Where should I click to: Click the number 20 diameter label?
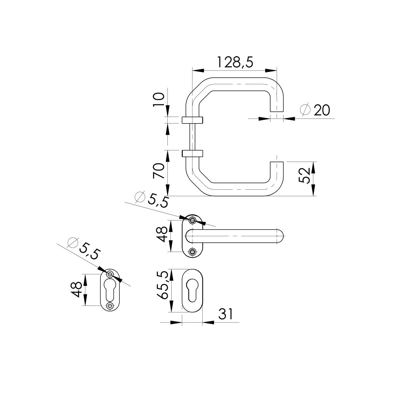pyautogui.click(x=322, y=111)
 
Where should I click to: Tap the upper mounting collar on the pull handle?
pyautogui.click(x=192, y=120)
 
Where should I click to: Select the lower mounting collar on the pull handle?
pyautogui.click(x=192, y=153)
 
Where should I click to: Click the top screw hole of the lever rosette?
pyautogui.click(x=192, y=220)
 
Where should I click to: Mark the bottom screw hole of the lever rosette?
pyautogui.click(x=192, y=252)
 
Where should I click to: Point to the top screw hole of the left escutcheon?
pyautogui.click(x=110, y=274)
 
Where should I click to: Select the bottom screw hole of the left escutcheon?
pyautogui.click(x=110, y=306)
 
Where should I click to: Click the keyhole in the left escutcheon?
pyautogui.click(x=110, y=289)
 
